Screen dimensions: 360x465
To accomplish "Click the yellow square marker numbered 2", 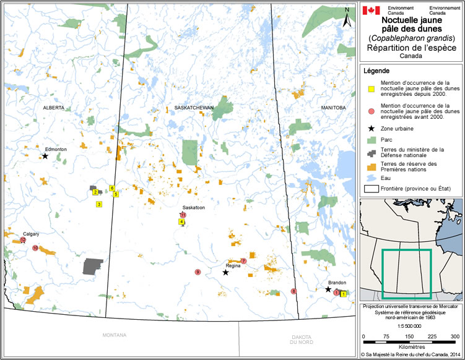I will [95, 192].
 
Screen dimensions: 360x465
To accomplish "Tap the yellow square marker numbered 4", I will [181, 221].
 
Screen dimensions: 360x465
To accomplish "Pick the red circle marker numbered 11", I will [183, 215].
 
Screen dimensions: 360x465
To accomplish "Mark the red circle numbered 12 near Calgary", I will [23, 239].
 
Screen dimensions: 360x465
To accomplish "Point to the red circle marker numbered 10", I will [35, 248].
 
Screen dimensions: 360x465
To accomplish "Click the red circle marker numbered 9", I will [198, 272].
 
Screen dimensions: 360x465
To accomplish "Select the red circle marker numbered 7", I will [243, 261].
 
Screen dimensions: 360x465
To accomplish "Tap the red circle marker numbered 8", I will [293, 291].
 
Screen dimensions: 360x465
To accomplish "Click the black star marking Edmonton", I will [45, 156].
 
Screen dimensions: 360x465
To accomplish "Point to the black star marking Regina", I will [226, 272].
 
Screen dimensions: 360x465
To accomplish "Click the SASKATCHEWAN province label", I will [194, 108].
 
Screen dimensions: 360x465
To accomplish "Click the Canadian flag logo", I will [371, 11].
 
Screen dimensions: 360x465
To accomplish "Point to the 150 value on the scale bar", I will [410, 336].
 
